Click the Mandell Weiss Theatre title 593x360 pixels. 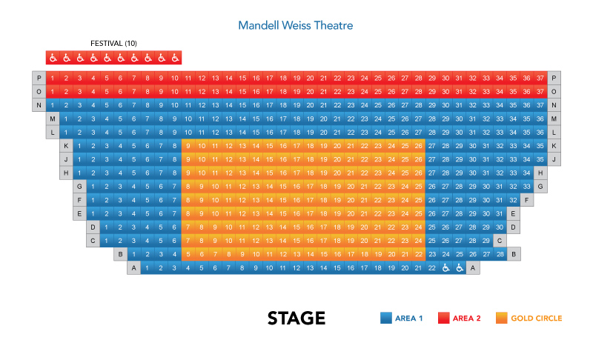pyautogui.click(x=295, y=26)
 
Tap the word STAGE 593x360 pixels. pyautogui.click(x=296, y=319)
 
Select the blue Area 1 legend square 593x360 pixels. pyautogui.click(x=385, y=319)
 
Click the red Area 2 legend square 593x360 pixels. pyautogui.click(x=443, y=319)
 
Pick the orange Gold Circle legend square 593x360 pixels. pyautogui.click(x=501, y=319)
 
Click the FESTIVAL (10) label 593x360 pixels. pyautogui.click(x=113, y=44)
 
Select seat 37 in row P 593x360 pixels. pyautogui.click(x=540, y=78)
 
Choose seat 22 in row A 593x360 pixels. pyautogui.click(x=432, y=268)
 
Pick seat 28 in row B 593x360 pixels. pyautogui.click(x=500, y=254)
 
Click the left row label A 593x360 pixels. pyautogui.click(x=133, y=268)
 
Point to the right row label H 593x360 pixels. pyautogui.click(x=540, y=173)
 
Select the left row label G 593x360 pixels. pyautogui.click(x=79, y=187)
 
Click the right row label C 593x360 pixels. pyautogui.click(x=500, y=241)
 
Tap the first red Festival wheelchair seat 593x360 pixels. pyautogui.click(x=52, y=58)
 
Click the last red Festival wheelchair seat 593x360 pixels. pyautogui.click(x=175, y=58)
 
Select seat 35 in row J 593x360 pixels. pyautogui.click(x=540, y=159)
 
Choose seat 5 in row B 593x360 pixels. pyautogui.click(x=188, y=254)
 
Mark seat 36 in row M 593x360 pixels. pyautogui.click(x=540, y=119)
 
